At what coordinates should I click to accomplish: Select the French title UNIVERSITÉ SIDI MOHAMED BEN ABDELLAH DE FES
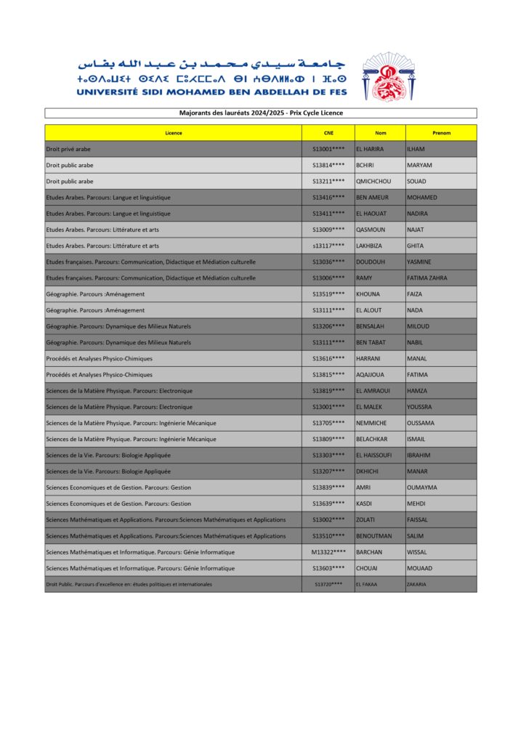(x=211, y=92)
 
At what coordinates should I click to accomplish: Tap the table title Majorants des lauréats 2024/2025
(x=261, y=113)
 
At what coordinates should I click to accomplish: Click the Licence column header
(x=173, y=133)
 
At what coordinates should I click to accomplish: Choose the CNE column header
(x=328, y=133)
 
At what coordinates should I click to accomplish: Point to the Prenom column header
(x=441, y=133)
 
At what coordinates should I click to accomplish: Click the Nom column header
(x=380, y=133)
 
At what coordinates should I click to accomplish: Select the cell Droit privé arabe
(x=68, y=149)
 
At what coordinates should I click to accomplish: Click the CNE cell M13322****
(x=328, y=551)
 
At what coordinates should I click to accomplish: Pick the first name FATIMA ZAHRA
(x=427, y=278)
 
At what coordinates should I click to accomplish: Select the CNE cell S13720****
(x=328, y=584)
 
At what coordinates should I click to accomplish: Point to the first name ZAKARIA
(x=417, y=584)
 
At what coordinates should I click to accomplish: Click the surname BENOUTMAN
(x=374, y=535)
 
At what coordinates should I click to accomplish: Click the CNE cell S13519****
(x=328, y=294)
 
